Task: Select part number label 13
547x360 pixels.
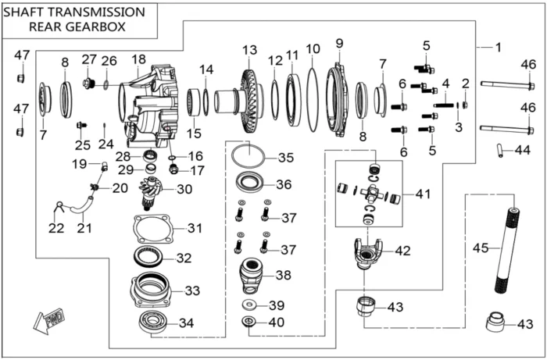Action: [249, 51]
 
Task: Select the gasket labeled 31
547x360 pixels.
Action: [152, 230]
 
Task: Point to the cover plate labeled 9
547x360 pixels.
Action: [341, 98]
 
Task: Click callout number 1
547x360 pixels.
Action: [497, 48]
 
